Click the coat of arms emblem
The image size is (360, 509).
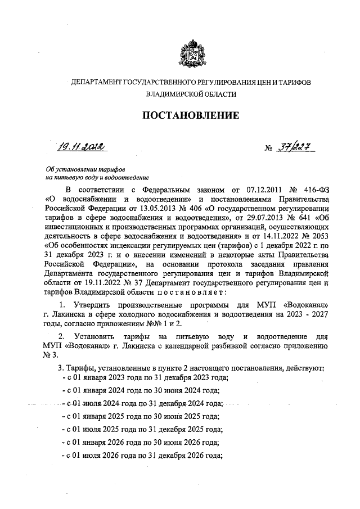click(191, 55)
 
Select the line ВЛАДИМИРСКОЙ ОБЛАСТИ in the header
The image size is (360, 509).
click(191, 95)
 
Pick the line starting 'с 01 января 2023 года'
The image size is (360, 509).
click(140, 379)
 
